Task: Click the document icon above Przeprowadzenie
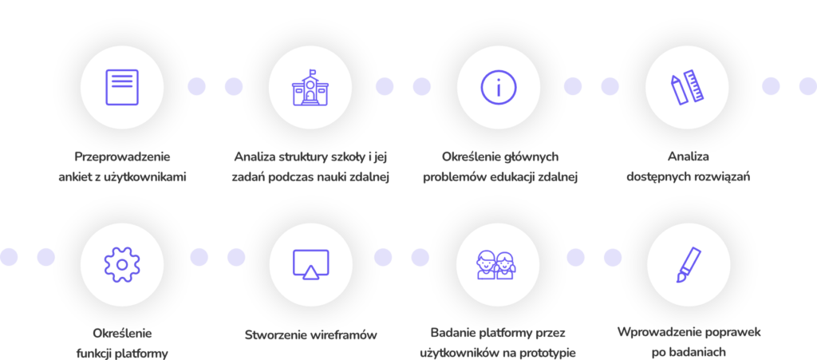coord(122,87)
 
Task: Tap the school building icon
coord(310,88)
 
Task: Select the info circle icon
coord(498,88)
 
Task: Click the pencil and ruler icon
coord(687,87)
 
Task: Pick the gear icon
coord(122,265)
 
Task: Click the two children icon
coord(498,265)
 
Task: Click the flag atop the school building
coord(313,72)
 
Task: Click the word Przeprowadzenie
coord(122,156)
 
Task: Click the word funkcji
coord(95,354)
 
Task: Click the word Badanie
coord(452,333)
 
